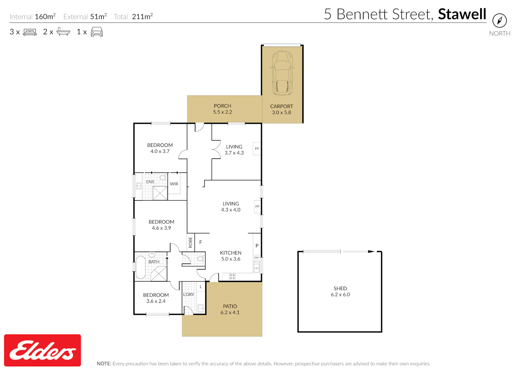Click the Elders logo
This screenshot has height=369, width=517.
(42, 350)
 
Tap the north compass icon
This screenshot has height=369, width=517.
(500, 21)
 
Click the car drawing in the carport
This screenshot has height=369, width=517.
(282, 73)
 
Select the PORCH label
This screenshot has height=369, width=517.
(222, 106)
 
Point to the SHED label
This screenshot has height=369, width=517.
(340, 288)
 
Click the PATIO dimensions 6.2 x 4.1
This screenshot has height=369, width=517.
(230, 312)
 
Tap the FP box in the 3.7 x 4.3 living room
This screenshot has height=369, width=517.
(257, 149)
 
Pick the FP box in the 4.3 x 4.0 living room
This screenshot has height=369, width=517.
(257, 207)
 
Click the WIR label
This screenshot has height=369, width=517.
(174, 184)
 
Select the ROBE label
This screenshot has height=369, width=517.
(190, 242)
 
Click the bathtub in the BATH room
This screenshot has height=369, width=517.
(141, 267)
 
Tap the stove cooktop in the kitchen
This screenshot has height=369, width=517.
(232, 276)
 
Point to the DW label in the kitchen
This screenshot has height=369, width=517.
(256, 258)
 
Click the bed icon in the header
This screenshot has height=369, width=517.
(30, 32)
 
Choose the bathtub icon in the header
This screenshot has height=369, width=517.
(63, 32)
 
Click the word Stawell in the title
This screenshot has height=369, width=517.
(462, 14)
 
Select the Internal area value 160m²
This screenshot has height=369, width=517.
(45, 17)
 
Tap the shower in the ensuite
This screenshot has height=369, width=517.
(160, 193)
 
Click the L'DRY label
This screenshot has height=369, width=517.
(189, 295)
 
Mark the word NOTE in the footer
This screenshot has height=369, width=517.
(104, 363)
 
